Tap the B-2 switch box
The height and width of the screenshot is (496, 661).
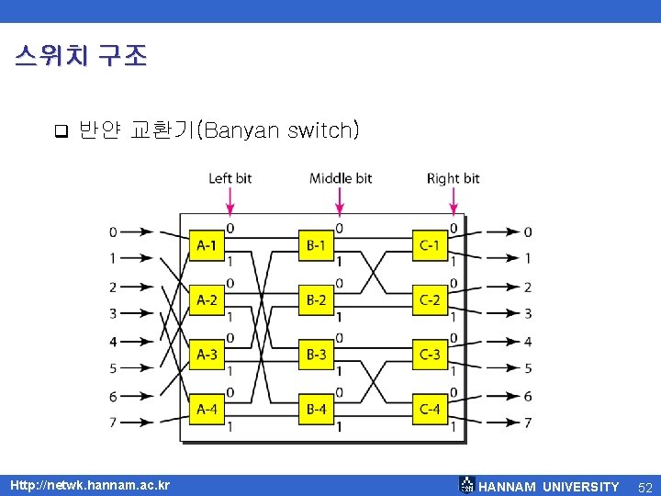(317, 299)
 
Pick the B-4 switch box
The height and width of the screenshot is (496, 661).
(317, 409)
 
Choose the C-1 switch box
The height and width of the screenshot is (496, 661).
(430, 244)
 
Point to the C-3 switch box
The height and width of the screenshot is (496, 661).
(430, 354)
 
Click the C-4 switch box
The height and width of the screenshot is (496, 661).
(430, 409)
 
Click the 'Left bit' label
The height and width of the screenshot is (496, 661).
(230, 177)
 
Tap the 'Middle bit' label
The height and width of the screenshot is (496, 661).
(341, 177)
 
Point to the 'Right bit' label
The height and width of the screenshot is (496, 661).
(453, 177)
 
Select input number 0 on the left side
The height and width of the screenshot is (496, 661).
(113, 231)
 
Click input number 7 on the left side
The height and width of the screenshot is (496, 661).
(113, 423)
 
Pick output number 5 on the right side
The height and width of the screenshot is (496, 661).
(528, 368)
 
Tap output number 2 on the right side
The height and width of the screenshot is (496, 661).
(528, 287)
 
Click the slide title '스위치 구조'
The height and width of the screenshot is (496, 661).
(81, 56)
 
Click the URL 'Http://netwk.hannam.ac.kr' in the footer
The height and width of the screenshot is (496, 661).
(89, 484)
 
